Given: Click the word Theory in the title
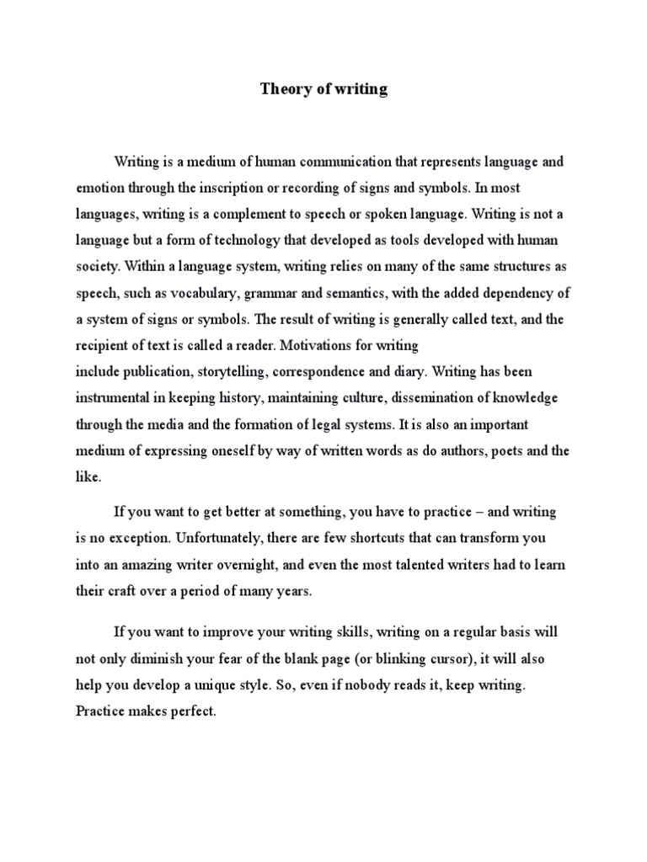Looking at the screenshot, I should pyautogui.click(x=281, y=90).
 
